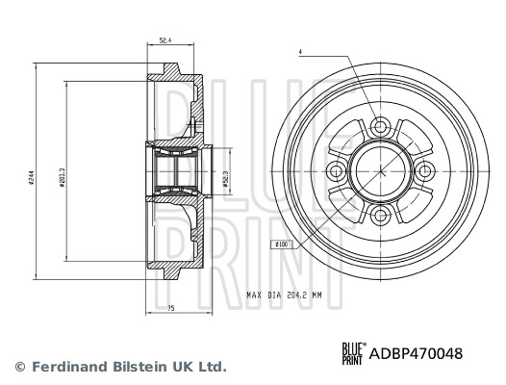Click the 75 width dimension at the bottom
pos(170,308)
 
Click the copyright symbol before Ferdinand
pos(19,367)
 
